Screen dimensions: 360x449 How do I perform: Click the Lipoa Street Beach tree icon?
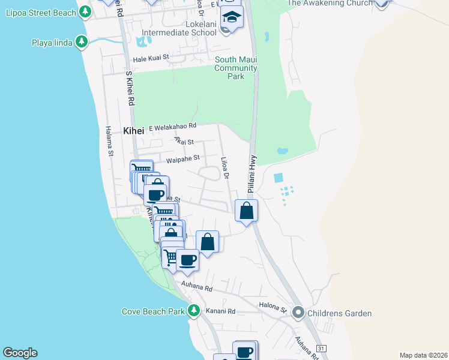(x=85, y=11)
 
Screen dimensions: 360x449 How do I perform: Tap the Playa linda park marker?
(x=82, y=42)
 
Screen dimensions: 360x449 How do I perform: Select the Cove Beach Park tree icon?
(x=193, y=311)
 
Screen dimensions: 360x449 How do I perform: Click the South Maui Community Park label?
(x=237, y=68)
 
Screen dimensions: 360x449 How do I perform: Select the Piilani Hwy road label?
(x=252, y=174)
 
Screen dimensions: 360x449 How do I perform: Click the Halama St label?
(x=109, y=141)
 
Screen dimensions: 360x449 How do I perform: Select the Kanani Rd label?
(x=221, y=311)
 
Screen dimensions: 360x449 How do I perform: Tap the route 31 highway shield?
(x=321, y=348)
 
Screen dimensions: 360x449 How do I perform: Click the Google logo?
(x=20, y=353)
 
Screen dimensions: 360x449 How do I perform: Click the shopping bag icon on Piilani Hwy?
(x=246, y=211)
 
